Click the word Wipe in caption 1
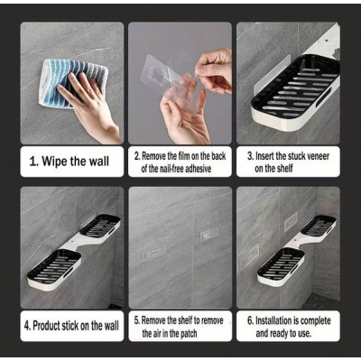(x=54, y=162)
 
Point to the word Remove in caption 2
(x=153, y=156)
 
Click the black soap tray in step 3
(x=296, y=90)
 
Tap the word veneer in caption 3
(x=318, y=156)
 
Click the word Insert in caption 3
(x=264, y=156)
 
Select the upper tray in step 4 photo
(x=100, y=226)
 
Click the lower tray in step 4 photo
(x=55, y=269)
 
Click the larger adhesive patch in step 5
(x=153, y=252)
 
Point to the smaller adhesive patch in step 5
(x=209, y=234)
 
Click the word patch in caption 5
(x=189, y=333)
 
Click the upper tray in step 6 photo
(x=319, y=226)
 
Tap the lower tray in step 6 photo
(x=282, y=265)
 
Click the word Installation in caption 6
(x=275, y=320)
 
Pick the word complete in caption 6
(x=316, y=321)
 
